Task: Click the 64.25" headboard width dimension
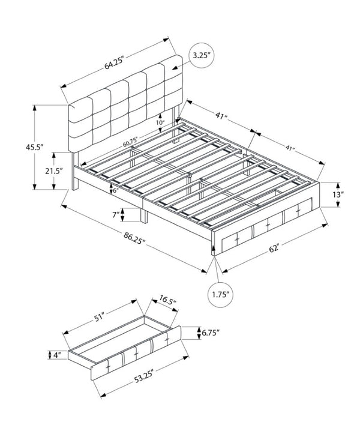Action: coord(114,62)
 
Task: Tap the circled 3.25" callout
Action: coord(201,55)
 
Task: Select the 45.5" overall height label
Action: coord(35,147)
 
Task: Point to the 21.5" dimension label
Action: coord(54,170)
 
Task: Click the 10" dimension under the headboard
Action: coord(160,122)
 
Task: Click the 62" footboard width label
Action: coord(274,247)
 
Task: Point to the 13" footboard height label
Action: coord(338,194)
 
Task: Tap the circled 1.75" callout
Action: coord(220,295)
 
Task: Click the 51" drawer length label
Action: coord(99,318)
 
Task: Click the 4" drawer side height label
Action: coord(57,355)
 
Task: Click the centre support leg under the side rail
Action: coord(144,215)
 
